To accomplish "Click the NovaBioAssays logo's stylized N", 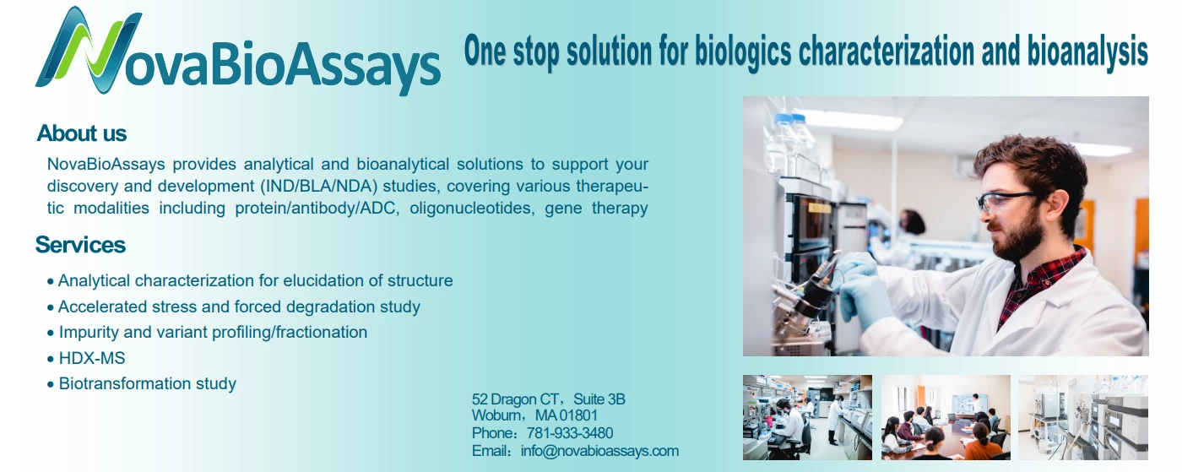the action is [x=88, y=51].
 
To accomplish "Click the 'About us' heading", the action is [x=82, y=133].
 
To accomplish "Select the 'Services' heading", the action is [x=80, y=245].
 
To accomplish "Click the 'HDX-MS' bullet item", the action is [x=91, y=358].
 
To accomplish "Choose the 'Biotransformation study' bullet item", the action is [x=148, y=383].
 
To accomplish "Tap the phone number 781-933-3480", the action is [x=570, y=433].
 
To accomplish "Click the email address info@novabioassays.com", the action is [x=599, y=451].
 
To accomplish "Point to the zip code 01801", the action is [x=578, y=415].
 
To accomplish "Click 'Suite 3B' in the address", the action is [x=599, y=399].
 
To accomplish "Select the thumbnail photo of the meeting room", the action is [x=946, y=417].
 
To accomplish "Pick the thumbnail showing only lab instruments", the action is [x=1083, y=417].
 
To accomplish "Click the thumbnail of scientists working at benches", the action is [x=807, y=417].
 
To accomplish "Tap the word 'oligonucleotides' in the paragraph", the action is [x=472, y=208].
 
